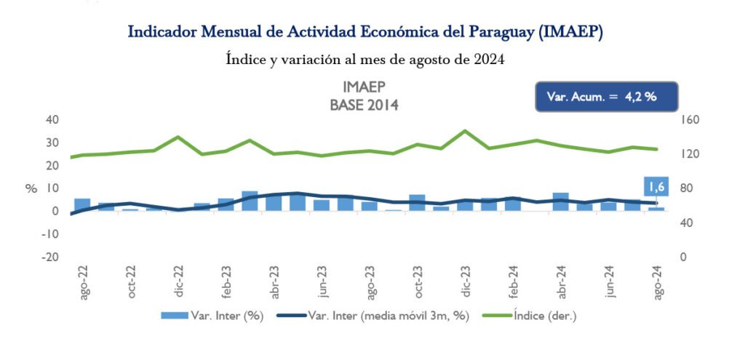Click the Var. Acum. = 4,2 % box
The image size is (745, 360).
pyautogui.click(x=606, y=96)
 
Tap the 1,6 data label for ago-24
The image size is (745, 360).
pyautogui.click(x=656, y=188)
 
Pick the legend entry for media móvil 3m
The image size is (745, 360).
pyautogui.click(x=379, y=315)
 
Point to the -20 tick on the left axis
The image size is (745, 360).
pyautogui.click(x=49, y=257)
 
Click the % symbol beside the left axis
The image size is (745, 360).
pyautogui.click(x=31, y=188)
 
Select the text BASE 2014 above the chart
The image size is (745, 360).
pyautogui.click(x=364, y=105)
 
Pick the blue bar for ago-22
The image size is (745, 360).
pyautogui.click(x=82, y=204)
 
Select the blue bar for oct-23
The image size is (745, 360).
pyautogui.click(x=417, y=203)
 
